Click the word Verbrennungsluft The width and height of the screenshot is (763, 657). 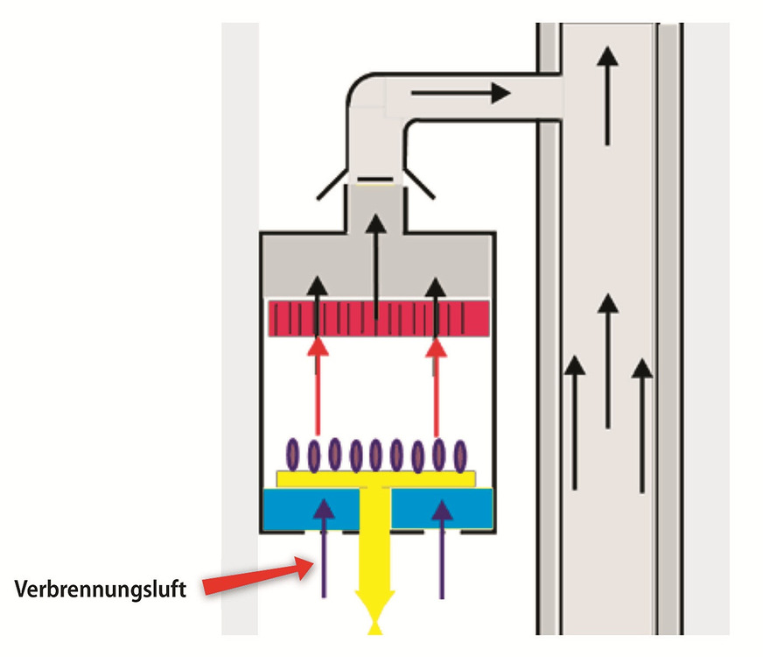pyautogui.click(x=100, y=589)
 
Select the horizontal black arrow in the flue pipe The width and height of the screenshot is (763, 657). pyautogui.click(x=460, y=91)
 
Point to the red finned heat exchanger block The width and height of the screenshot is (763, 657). pyautogui.click(x=377, y=318)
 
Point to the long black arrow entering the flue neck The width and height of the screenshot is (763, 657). pyautogui.click(x=376, y=263)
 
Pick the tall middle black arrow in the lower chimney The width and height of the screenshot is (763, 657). pyautogui.click(x=608, y=359)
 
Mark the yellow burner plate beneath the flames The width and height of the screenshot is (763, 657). pyautogui.click(x=376, y=477)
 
